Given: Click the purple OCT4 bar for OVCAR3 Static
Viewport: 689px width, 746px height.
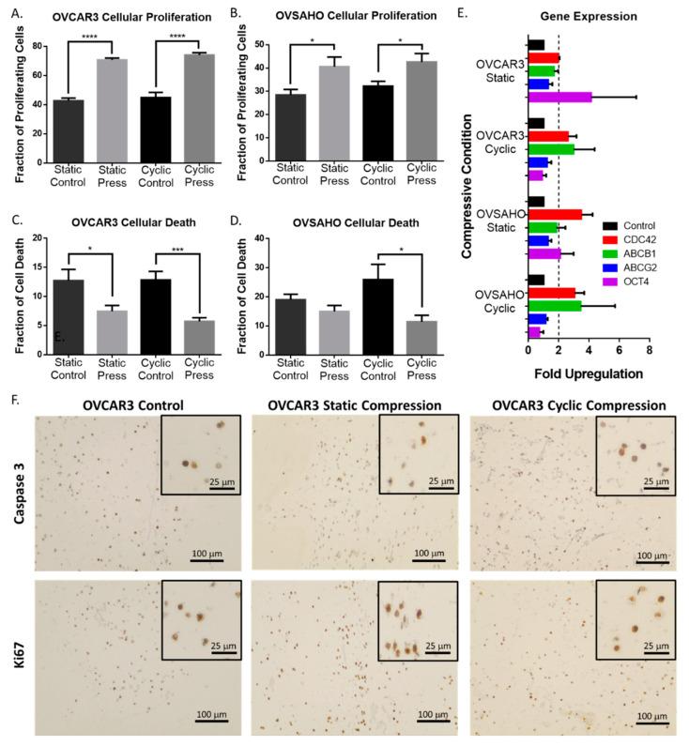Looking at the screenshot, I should [559, 97].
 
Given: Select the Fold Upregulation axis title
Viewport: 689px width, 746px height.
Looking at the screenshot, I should [588, 373].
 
